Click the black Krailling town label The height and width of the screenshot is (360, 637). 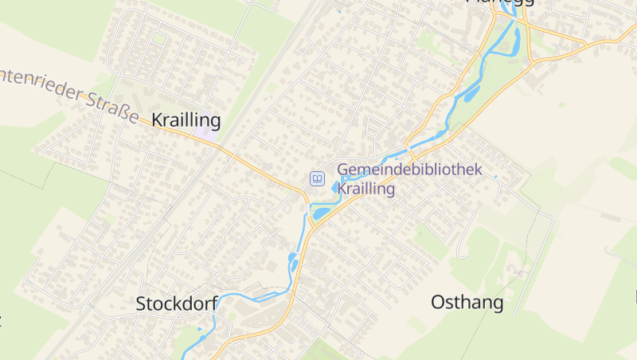(186, 120)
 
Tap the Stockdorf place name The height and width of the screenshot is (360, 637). (177, 303)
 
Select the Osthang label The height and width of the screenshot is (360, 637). (467, 303)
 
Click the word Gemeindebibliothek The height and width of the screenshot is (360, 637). (410, 170)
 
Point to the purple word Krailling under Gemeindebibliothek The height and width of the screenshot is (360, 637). (366, 189)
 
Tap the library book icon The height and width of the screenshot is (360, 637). (317, 178)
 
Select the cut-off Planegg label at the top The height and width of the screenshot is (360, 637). (498, 2)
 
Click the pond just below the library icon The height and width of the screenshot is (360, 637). (321, 213)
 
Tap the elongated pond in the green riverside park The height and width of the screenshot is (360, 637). (472, 92)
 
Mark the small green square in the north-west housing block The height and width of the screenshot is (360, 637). (160, 38)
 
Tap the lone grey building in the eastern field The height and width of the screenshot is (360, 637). (611, 217)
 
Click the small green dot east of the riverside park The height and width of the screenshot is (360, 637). (561, 104)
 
